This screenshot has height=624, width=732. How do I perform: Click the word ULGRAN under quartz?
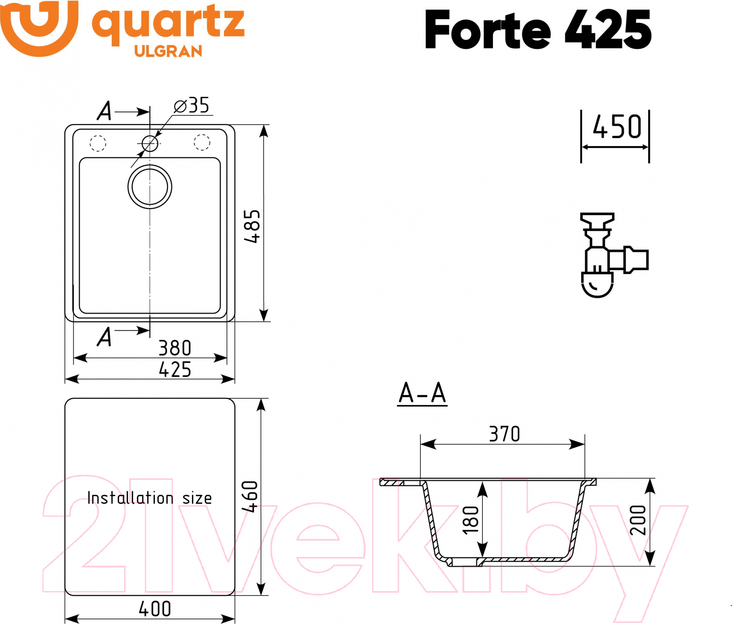click(168, 51)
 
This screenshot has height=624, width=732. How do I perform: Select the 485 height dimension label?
click(252, 226)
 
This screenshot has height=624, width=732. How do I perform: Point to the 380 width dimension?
click(175, 348)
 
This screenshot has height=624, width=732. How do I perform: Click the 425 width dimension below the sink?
click(175, 369)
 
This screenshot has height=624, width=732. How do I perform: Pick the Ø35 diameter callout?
click(191, 105)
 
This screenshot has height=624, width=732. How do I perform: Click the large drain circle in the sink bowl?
click(150, 187)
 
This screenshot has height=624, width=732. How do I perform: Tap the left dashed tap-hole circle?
click(98, 143)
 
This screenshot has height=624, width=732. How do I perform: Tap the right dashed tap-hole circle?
click(202, 142)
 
